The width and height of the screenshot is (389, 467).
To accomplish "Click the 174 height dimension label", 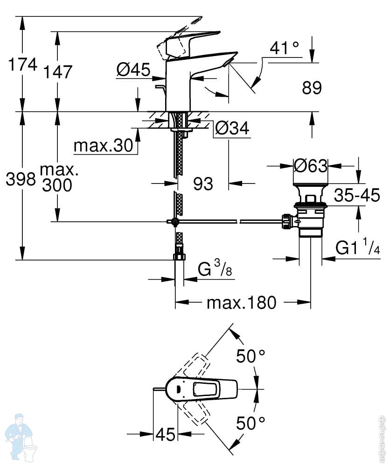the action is [x=23, y=64].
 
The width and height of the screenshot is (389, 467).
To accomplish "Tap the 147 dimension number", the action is [x=58, y=72].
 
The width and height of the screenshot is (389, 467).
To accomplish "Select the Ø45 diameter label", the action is [x=133, y=70].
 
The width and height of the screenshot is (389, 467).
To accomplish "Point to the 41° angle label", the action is [x=284, y=48].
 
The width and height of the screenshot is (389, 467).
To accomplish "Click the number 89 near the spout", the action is [x=312, y=88].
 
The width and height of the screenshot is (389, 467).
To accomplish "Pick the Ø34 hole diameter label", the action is [x=232, y=128].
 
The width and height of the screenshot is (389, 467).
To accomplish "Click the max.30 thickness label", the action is [x=103, y=146].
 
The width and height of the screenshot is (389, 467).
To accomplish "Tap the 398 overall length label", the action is [x=21, y=179].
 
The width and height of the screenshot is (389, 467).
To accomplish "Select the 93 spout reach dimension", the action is [x=203, y=184].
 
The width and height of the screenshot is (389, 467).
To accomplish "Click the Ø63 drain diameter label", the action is [x=311, y=165].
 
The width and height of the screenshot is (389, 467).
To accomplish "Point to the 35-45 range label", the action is [x=357, y=195].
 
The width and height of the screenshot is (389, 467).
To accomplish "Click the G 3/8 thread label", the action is [x=215, y=269].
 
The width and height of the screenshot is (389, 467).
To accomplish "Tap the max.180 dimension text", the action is [x=242, y=303].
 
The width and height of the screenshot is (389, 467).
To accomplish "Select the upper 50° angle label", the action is [x=250, y=355].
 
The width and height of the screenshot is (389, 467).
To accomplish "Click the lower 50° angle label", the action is [x=250, y=423].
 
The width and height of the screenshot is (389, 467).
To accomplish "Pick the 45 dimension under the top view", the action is [x=166, y=434].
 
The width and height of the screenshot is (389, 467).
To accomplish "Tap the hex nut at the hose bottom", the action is [x=179, y=257].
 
